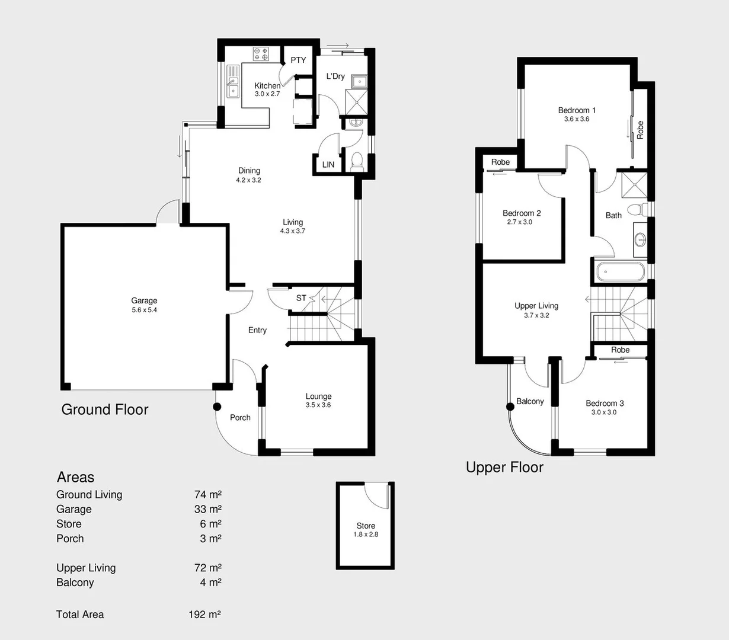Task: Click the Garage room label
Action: (x=144, y=300)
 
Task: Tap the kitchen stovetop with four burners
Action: (x=261, y=54)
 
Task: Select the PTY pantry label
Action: (x=298, y=60)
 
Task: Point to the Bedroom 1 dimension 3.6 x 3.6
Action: (x=576, y=119)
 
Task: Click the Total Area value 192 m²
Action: (x=204, y=615)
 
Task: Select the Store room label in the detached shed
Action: (x=366, y=526)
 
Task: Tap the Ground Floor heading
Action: (x=105, y=409)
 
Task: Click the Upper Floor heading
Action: (x=504, y=468)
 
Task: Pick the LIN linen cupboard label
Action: (x=328, y=165)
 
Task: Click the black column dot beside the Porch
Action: (x=217, y=407)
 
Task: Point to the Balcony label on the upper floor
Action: (x=530, y=401)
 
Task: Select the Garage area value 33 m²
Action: (x=207, y=509)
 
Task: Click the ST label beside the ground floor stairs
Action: (x=301, y=298)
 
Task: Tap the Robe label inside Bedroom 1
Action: (x=640, y=130)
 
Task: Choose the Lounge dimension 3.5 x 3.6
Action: (x=318, y=405)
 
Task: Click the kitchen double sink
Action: (x=233, y=82)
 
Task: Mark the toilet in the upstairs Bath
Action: (x=636, y=209)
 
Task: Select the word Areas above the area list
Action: (x=75, y=477)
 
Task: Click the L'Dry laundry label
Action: (x=335, y=76)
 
